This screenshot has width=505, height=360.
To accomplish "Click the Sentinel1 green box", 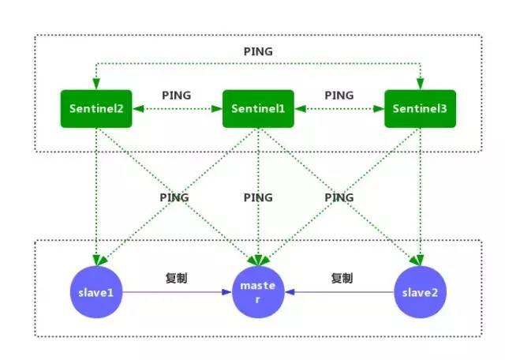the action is tap(258, 109).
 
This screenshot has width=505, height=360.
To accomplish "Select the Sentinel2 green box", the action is tap(96, 109).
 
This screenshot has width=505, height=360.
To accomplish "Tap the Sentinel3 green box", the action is tap(421, 109).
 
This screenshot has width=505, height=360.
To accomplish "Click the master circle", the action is tap(258, 292).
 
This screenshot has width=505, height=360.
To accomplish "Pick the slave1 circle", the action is tap(96, 292).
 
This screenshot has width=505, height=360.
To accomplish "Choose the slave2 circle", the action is tap(421, 292).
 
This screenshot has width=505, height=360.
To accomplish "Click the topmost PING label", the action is tap(258, 51).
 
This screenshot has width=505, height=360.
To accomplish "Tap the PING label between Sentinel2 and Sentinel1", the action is tap(177, 96).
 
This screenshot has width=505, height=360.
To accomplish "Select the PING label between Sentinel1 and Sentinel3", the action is tap(339, 96).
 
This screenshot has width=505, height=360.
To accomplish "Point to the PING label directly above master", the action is tap(258, 197).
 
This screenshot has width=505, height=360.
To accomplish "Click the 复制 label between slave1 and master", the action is tap(176, 278).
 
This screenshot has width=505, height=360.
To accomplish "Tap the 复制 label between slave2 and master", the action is tap(342, 278).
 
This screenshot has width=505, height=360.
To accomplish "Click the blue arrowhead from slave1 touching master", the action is tap(226, 292).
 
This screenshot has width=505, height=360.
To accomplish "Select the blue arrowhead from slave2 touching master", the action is tap(290, 292).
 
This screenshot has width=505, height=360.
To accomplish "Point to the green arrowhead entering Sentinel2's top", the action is tap(96, 84).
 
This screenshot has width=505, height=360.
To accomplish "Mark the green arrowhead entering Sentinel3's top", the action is tap(421, 84).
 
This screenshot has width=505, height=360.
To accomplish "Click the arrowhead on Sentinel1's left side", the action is tap(217, 109).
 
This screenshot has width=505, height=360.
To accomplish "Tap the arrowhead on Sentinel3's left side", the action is tap(379, 109).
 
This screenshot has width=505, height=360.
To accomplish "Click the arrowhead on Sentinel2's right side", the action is tap(138, 109).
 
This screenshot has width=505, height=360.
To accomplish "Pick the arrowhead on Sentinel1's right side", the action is tap(300, 109).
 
